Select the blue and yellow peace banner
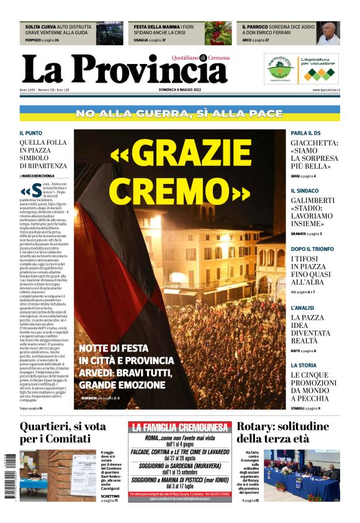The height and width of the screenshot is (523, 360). (x=180, y=114)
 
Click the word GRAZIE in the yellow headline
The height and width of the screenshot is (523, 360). (x=180, y=155)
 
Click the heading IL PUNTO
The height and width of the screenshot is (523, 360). (x=31, y=133)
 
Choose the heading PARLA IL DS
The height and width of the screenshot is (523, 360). (x=306, y=133)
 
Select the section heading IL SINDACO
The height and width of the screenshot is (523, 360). (x=305, y=191)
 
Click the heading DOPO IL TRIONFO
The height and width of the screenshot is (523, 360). (x=312, y=248)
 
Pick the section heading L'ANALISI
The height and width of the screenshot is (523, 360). (x=304, y=307)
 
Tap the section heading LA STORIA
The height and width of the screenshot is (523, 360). (x=304, y=365)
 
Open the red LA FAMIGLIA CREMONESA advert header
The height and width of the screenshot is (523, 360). (x=180, y=427)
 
